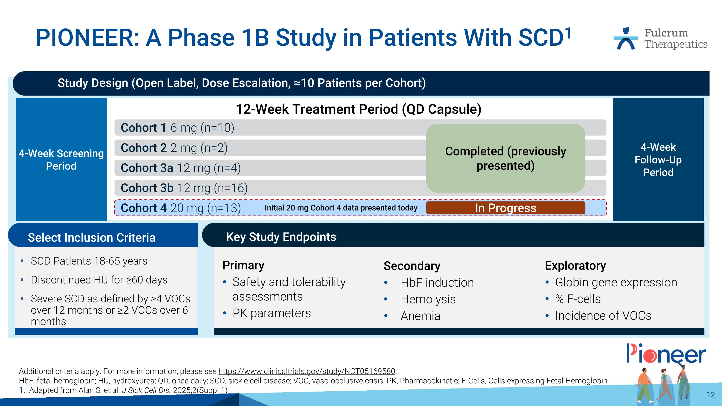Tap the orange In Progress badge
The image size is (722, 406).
point(505,208)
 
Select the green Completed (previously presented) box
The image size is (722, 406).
point(505,158)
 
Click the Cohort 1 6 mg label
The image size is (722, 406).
point(177,128)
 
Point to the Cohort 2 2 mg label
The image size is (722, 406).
point(174,148)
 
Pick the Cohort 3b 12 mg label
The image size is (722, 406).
point(184,188)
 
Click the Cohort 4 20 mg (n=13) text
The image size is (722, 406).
point(180,208)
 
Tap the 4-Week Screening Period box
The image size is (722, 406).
point(61,159)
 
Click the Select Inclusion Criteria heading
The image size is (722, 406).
point(91,238)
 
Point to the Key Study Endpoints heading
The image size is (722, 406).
point(281,237)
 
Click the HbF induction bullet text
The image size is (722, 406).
point(437,283)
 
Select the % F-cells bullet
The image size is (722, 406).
point(578,299)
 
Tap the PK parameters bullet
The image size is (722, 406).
point(271,313)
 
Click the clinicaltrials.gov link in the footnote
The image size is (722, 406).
point(307,371)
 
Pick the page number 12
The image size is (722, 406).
point(710,395)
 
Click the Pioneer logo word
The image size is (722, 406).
point(666,354)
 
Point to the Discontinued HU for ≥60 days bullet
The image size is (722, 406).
point(99,280)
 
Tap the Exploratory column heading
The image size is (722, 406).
point(575,266)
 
